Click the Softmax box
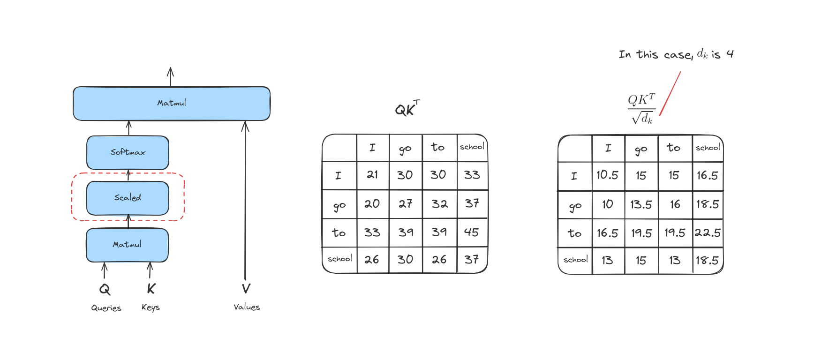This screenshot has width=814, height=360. click(128, 153)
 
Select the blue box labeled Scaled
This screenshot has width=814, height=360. click(128, 198)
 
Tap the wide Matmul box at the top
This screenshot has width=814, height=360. click(172, 103)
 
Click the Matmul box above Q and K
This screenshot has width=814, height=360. click(127, 245)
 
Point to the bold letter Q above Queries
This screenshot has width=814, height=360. click(105, 289)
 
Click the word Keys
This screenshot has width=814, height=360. click(151, 307)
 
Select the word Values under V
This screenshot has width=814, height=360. click(247, 307)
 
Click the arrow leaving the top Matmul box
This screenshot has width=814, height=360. click(170, 77)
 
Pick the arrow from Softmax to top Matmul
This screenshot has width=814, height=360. click(128, 128)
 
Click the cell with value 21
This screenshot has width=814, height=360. click(372, 175)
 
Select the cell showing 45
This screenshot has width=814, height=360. click(472, 232)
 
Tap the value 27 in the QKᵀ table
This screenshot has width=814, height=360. click(406, 204)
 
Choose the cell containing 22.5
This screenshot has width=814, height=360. click(708, 233)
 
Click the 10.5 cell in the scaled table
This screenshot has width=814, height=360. click(608, 175)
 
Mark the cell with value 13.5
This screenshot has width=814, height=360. click(641, 204)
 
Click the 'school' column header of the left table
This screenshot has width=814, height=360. click(472, 147)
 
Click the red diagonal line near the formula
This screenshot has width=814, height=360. click(670, 93)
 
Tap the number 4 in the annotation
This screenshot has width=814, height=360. click(730, 54)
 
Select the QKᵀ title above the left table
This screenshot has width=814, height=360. click(407, 108)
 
